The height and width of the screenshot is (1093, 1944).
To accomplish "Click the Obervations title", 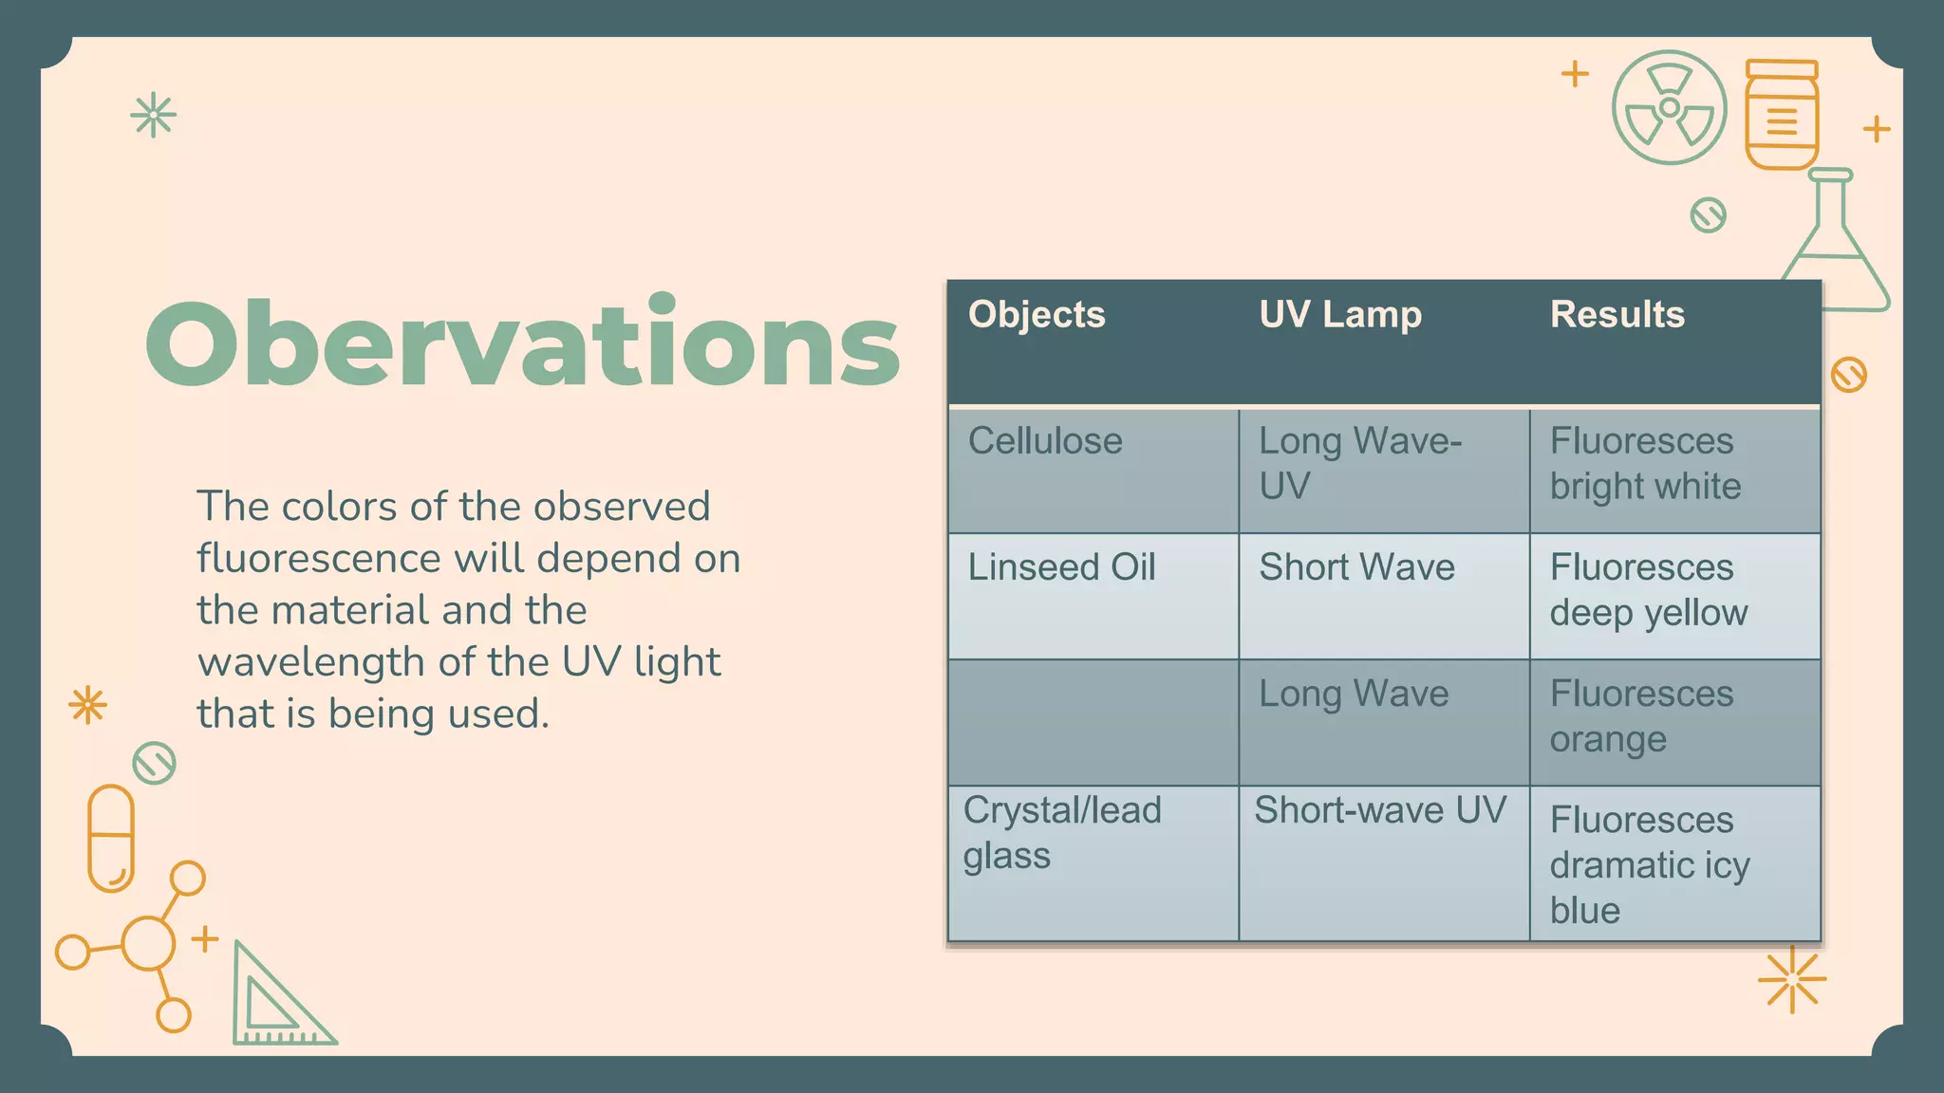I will (522, 343).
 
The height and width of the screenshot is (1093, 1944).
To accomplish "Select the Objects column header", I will (1037, 315).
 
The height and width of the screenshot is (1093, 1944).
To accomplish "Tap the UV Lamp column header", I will (1340, 315).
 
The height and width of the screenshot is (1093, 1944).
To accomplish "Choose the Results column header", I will (1617, 315).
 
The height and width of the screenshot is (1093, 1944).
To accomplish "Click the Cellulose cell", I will (1045, 442).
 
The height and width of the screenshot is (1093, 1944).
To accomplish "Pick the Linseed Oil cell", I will (1061, 568).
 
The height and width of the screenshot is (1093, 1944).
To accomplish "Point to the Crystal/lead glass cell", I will (1061, 833).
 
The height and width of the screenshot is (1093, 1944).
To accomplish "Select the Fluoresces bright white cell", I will (1646, 464).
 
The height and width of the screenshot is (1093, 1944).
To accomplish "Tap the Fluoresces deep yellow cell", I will (1649, 590).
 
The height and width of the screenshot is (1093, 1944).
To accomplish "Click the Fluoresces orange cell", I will (1642, 716).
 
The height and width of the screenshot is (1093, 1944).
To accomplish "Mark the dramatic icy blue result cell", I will (1650, 864).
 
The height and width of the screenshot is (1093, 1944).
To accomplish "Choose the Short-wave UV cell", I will (1380, 811).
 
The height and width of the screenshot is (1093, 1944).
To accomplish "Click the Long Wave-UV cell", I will (1359, 464).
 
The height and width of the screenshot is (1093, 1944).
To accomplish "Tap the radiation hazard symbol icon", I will (1669, 107).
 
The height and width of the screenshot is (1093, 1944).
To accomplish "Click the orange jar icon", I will (1782, 115).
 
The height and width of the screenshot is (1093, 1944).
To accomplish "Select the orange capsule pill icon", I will (111, 838).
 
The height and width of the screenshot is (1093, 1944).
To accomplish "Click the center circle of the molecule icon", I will (148, 943).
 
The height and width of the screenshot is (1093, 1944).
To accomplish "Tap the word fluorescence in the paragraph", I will (318, 559).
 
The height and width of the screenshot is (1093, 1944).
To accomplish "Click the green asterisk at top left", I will (153, 116).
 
